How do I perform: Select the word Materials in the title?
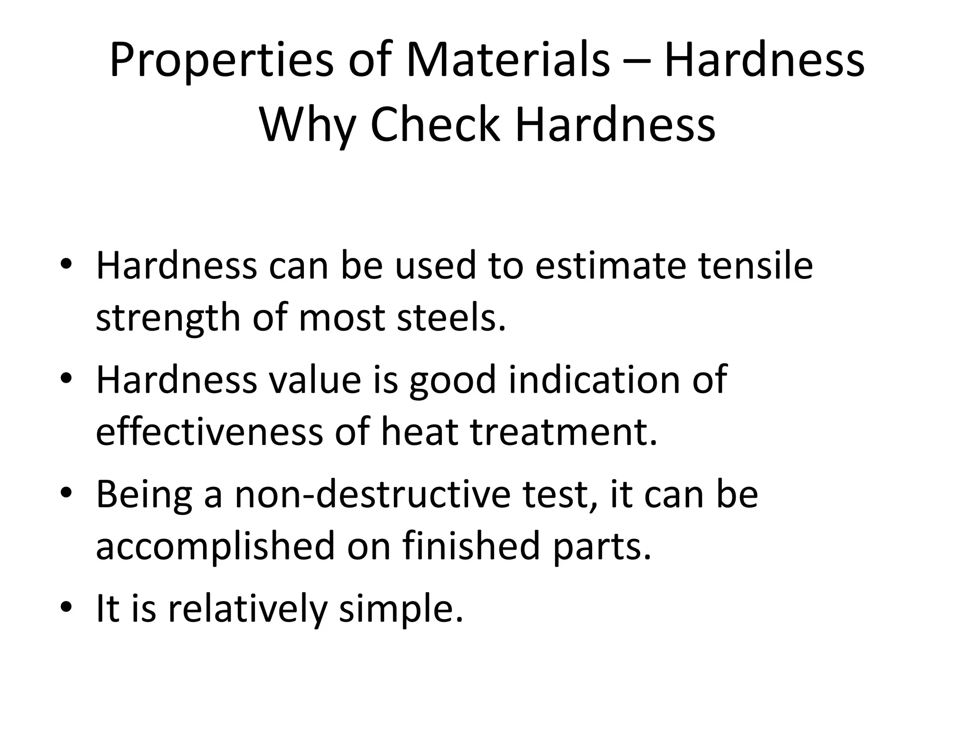tap(507, 60)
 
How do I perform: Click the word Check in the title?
tap(435, 124)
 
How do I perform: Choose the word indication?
tap(594, 379)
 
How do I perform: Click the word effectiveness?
tap(209, 432)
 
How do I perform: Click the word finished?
tap(471, 546)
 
